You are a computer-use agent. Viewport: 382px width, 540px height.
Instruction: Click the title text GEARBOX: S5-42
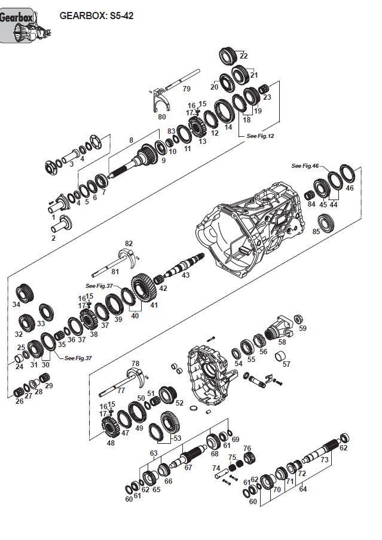pyautogui.click(x=96, y=16)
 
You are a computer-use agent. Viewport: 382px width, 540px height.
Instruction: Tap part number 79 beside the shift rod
pyautogui.click(x=187, y=88)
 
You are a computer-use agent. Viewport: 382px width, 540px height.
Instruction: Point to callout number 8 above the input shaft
pyautogui.click(x=131, y=140)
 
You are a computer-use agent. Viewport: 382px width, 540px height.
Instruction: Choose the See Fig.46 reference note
pyautogui.click(x=305, y=165)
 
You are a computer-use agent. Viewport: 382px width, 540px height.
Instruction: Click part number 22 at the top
pyautogui.click(x=243, y=56)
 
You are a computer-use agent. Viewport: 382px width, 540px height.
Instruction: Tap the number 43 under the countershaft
pyautogui.click(x=185, y=275)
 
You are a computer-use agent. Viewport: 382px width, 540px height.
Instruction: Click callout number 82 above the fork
pyautogui.click(x=128, y=243)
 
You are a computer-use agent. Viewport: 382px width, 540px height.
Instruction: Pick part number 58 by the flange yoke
pyautogui.click(x=282, y=342)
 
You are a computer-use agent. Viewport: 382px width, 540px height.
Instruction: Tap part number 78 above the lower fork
pyautogui.click(x=135, y=363)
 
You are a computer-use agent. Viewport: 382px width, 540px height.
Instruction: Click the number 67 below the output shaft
pyautogui.click(x=188, y=467)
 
